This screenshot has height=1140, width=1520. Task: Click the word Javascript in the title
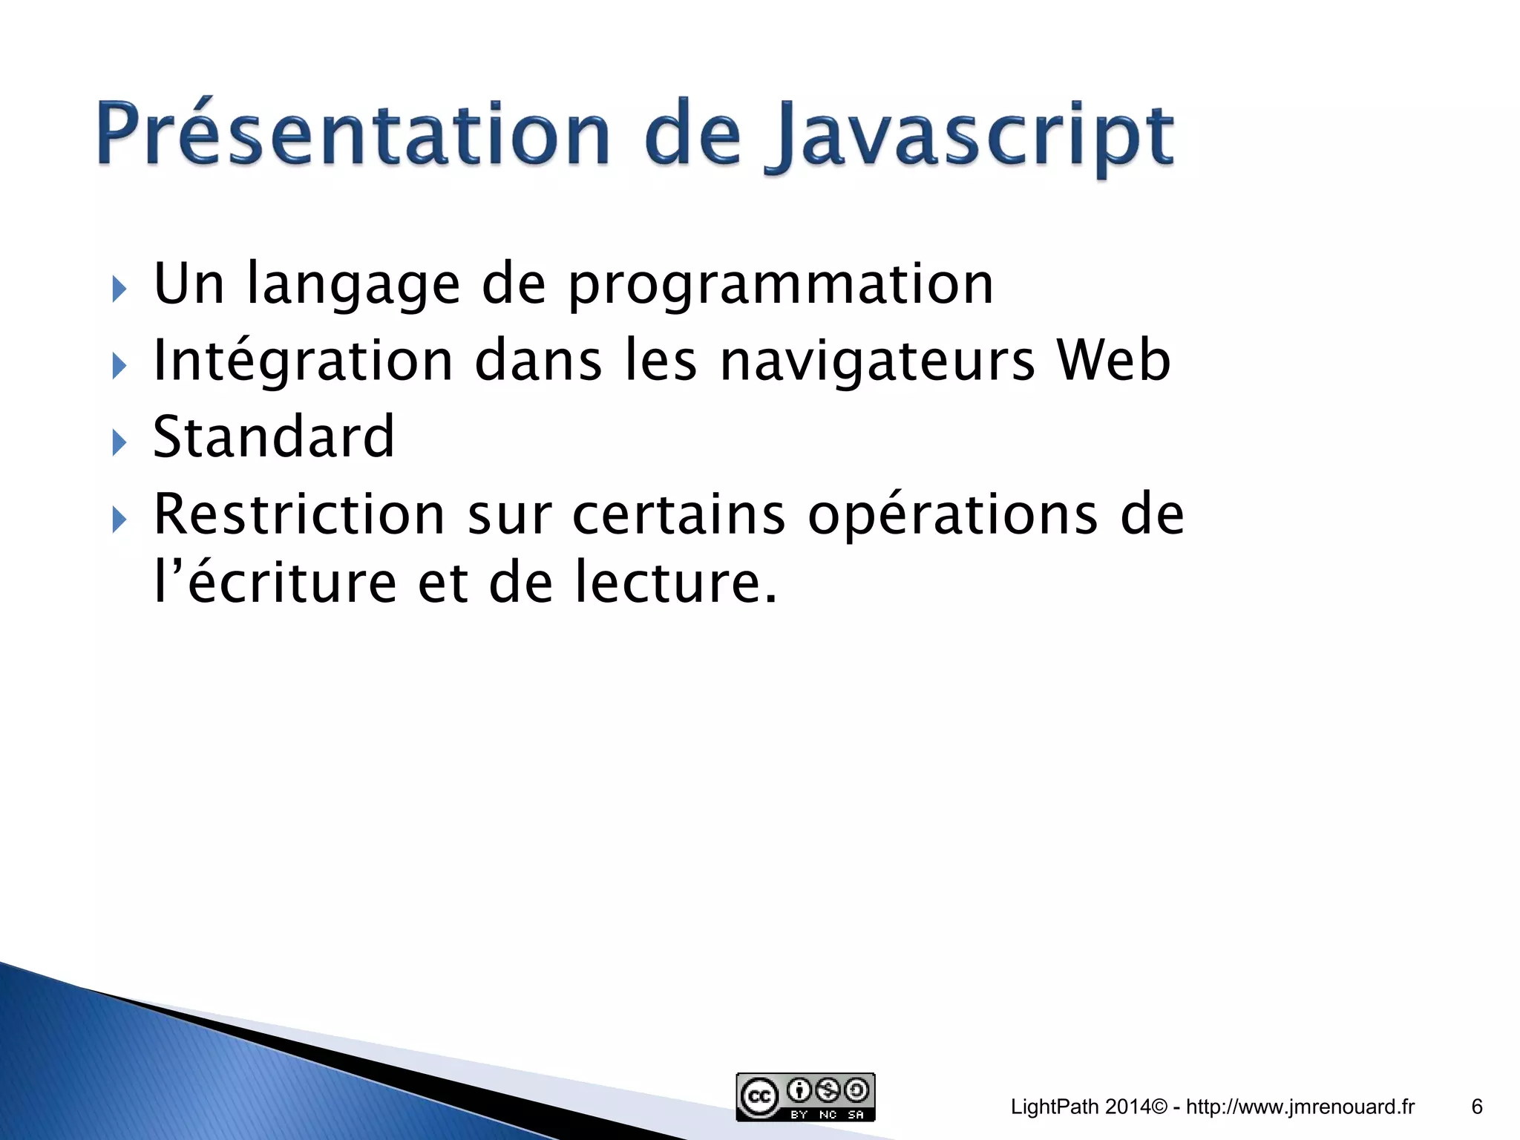point(971,137)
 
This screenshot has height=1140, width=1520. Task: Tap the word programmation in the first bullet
point(781,286)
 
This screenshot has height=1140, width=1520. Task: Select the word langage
point(353,286)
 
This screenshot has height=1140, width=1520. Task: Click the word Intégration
point(303,361)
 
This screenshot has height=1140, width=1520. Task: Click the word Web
point(1113,361)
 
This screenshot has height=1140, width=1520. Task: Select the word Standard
point(274,437)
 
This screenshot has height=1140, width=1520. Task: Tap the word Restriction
point(299,514)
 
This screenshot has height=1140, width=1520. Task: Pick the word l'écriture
point(275,583)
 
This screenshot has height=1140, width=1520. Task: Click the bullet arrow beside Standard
point(119,443)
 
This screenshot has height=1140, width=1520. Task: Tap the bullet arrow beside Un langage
point(119,289)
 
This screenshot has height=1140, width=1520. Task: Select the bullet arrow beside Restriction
point(119,520)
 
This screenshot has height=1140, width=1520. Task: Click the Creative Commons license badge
point(805,1096)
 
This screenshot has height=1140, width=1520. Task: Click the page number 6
point(1476,1107)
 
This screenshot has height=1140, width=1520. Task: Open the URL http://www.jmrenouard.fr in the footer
point(1300,1107)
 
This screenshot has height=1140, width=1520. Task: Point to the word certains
point(678,514)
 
